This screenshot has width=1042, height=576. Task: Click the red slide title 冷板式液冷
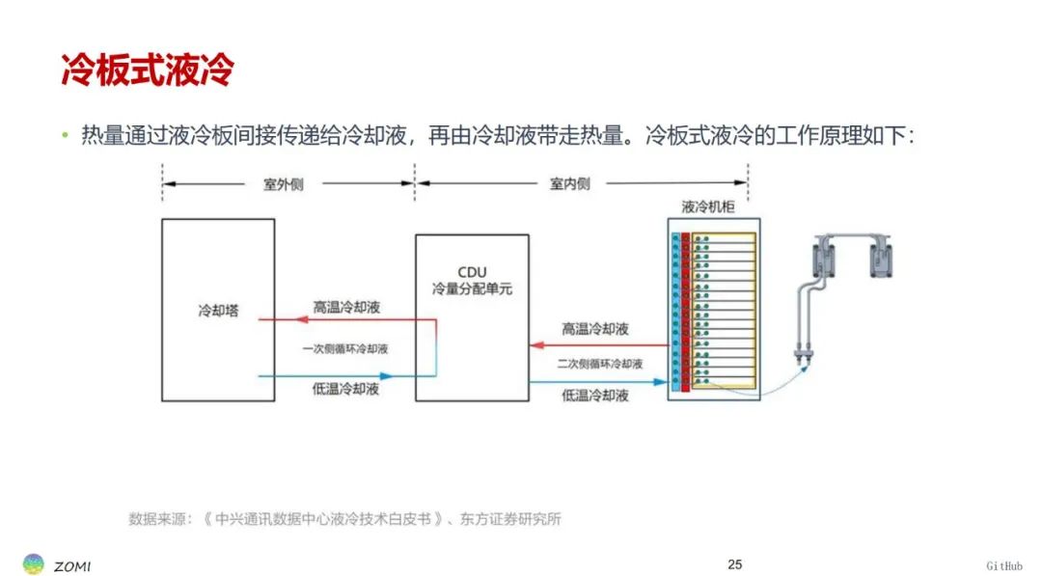pos(148,69)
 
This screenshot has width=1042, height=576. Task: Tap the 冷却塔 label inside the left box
pos(218,311)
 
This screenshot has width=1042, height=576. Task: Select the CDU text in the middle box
pos(472,272)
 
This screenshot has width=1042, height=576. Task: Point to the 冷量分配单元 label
pos(472,289)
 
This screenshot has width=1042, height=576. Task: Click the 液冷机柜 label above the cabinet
pos(708,206)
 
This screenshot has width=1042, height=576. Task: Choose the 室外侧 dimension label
pos(283,184)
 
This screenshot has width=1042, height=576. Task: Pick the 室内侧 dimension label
pos(569,184)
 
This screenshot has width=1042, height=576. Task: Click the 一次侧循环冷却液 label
pos(344,349)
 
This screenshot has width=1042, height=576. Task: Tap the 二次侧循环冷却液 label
pos(600,364)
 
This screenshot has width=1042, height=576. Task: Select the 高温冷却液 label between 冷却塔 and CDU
pos(346,308)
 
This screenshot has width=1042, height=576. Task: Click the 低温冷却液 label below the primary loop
pos(345,390)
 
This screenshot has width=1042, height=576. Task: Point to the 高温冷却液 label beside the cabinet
pos(594,329)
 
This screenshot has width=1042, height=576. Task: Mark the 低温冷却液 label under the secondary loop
pos(594,396)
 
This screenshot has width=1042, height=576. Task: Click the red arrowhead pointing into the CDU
pos(537,345)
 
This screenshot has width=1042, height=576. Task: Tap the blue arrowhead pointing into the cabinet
pos(660,382)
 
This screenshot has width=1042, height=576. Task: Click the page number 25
pos(734,564)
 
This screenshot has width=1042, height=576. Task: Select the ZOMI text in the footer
pos(71,566)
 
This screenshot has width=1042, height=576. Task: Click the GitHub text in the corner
pos(1004,566)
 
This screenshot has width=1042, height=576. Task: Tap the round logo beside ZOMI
pos(33,564)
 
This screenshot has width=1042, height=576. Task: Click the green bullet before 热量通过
pos(66,135)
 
